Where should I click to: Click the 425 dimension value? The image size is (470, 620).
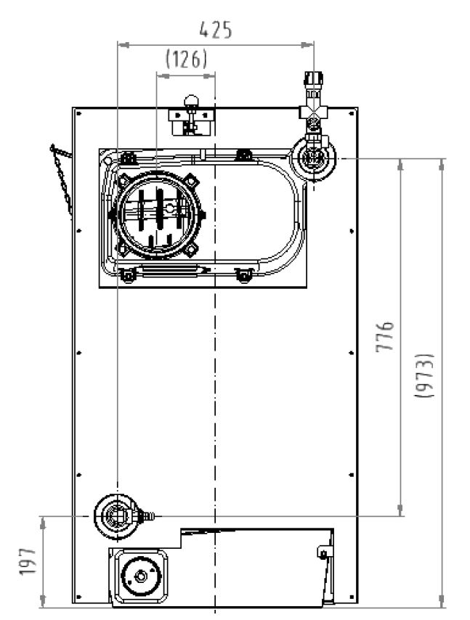coord(216,30)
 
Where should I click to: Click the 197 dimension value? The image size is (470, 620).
coord(28,560)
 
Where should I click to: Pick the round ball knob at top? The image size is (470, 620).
coord(191,102)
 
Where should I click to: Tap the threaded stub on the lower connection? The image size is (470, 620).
coord(149,515)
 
